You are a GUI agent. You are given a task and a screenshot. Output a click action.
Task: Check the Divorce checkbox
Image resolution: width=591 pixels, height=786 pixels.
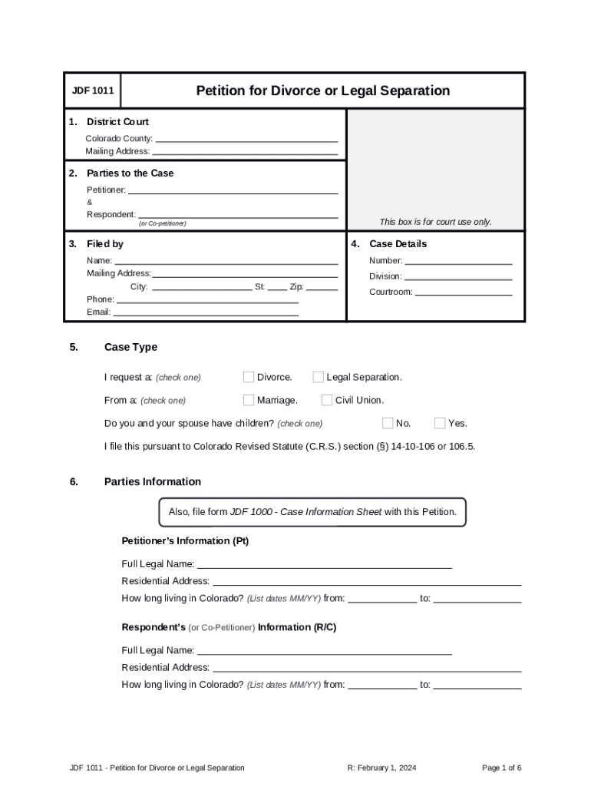[249, 377]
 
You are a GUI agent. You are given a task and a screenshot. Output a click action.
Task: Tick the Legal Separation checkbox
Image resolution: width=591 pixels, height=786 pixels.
[318, 377]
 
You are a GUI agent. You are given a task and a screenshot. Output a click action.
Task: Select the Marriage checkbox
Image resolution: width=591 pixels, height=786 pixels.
[249, 400]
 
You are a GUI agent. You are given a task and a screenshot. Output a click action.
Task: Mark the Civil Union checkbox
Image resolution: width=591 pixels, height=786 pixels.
[327, 400]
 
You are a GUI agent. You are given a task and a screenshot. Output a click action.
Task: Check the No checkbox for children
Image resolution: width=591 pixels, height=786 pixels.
[388, 423]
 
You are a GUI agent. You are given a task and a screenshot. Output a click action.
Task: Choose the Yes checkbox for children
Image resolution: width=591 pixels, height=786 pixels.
[440, 423]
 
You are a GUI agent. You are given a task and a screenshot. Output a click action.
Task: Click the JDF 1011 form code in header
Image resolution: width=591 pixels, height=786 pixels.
[93, 91]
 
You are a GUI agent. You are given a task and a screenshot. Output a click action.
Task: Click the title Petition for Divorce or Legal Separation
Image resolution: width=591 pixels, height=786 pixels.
[322, 91]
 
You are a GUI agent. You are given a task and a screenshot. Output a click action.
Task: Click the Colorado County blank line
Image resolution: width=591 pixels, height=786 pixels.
[246, 139]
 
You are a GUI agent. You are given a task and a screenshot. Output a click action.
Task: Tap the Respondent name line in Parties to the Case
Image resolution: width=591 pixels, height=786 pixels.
[238, 215]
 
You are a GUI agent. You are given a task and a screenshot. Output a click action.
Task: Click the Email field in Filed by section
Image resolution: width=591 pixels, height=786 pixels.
[206, 312]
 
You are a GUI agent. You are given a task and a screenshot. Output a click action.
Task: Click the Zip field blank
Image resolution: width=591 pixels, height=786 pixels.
[322, 287]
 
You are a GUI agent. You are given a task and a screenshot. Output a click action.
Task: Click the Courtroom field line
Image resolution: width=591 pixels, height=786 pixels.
[464, 292]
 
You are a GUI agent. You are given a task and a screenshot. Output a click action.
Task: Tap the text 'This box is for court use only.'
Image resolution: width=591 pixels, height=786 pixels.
[435, 222]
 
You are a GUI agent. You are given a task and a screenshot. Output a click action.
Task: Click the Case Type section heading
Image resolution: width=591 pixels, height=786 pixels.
[130, 347]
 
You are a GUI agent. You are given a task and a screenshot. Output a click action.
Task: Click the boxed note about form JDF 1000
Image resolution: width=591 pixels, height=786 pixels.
[312, 512]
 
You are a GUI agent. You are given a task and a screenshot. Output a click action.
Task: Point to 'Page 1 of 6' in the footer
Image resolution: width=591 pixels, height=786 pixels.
[502, 768]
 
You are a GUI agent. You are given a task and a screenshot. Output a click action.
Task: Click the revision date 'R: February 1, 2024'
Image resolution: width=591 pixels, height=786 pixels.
[381, 768]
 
